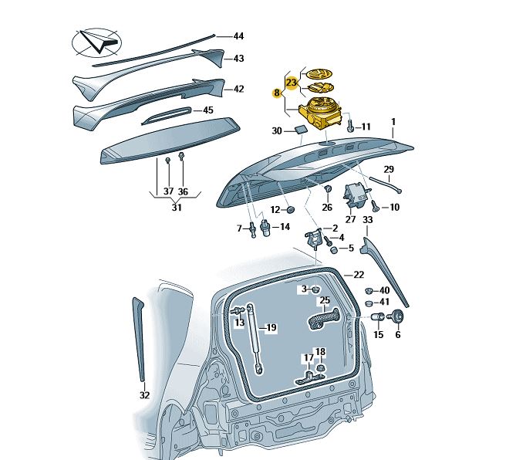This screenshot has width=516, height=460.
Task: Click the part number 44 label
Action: click(238, 36)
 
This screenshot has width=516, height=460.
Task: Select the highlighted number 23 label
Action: click(291, 82)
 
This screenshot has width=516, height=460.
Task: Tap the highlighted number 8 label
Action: click(277, 93)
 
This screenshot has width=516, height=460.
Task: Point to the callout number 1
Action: click(393, 122)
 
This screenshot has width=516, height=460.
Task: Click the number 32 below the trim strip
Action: click(144, 395)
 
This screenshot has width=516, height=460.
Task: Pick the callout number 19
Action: click(271, 328)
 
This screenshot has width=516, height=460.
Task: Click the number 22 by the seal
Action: click(358, 275)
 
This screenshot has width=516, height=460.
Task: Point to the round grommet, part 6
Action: click(399, 316)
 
